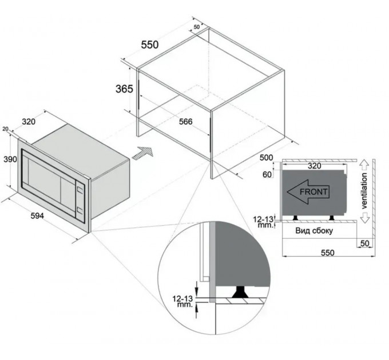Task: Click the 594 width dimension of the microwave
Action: (x=37, y=216)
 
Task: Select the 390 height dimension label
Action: (x=10, y=159)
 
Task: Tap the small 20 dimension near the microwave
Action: (x=6, y=129)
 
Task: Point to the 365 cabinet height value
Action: (x=124, y=89)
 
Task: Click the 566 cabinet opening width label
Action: (x=186, y=121)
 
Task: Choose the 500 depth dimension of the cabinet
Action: (x=266, y=158)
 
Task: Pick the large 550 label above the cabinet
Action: (x=150, y=45)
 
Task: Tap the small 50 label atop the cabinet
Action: (x=196, y=27)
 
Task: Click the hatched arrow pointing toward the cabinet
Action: (x=143, y=154)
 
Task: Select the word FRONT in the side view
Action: (x=313, y=192)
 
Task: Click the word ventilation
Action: (x=364, y=190)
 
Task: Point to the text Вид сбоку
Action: (x=314, y=231)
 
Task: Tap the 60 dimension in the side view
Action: (x=267, y=175)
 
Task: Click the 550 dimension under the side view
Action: (x=328, y=253)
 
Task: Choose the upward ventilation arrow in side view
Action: (x=365, y=165)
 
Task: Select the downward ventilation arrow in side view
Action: (x=365, y=217)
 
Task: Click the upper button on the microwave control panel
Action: (x=80, y=190)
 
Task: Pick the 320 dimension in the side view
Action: (x=314, y=166)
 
